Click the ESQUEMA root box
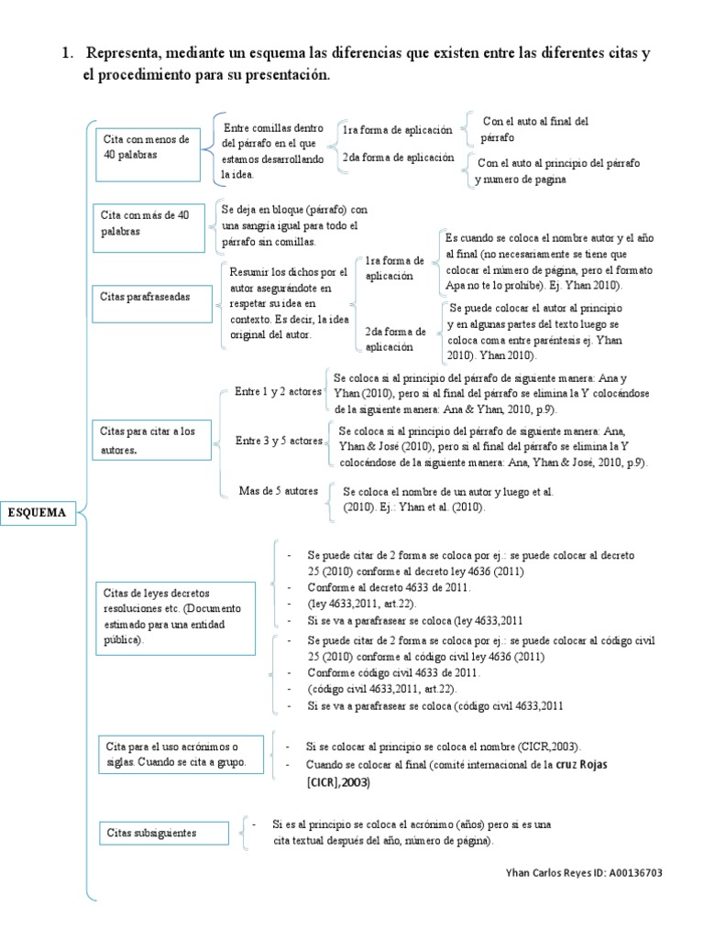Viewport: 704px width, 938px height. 38,513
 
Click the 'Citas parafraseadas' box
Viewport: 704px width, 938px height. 151,297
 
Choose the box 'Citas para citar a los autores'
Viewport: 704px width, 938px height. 152,441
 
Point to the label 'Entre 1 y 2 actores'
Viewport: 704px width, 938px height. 278,391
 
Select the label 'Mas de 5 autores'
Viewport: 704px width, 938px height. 278,491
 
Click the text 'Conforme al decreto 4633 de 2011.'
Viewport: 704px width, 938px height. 390,587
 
